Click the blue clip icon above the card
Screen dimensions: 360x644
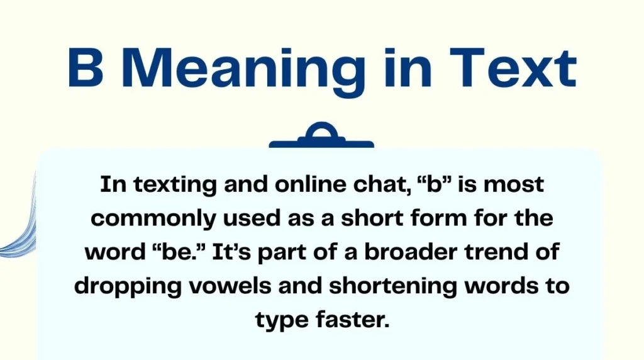(x=321, y=137)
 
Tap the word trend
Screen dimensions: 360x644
(x=496, y=252)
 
